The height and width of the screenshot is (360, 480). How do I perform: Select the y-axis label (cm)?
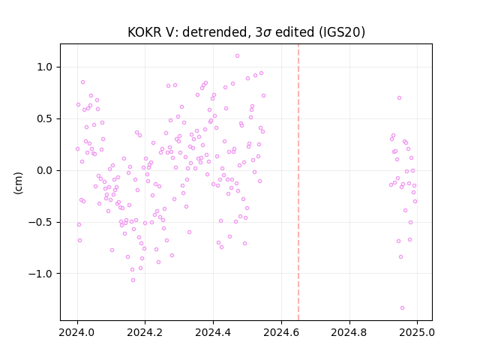tap(18, 183)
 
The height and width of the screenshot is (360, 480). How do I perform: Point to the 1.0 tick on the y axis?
tap(45, 67)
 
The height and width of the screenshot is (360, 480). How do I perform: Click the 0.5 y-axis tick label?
tap(45, 118)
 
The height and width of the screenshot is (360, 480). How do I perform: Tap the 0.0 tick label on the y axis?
tap(45, 170)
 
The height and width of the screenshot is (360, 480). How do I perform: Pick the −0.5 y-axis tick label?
tap(40, 222)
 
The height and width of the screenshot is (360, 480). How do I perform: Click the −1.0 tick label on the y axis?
tap(40, 274)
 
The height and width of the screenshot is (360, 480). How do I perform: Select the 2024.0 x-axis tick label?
tap(77, 332)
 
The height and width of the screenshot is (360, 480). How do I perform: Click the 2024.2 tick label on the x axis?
tap(145, 332)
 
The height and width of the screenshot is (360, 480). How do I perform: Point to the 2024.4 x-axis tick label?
tap(213, 332)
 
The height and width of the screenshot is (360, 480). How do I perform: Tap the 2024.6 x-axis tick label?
tap(281, 332)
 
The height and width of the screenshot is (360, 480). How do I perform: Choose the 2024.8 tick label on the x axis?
tap(349, 332)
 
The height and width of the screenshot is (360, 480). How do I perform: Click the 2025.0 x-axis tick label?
tap(417, 332)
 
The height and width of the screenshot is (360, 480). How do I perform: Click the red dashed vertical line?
tap(298, 182)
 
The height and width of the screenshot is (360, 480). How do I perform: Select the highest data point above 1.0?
tap(237, 56)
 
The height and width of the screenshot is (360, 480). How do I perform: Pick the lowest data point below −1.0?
tap(402, 308)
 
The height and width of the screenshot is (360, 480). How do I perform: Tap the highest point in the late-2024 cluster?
tap(399, 98)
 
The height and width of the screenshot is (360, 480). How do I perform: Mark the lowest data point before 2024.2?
tap(133, 280)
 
